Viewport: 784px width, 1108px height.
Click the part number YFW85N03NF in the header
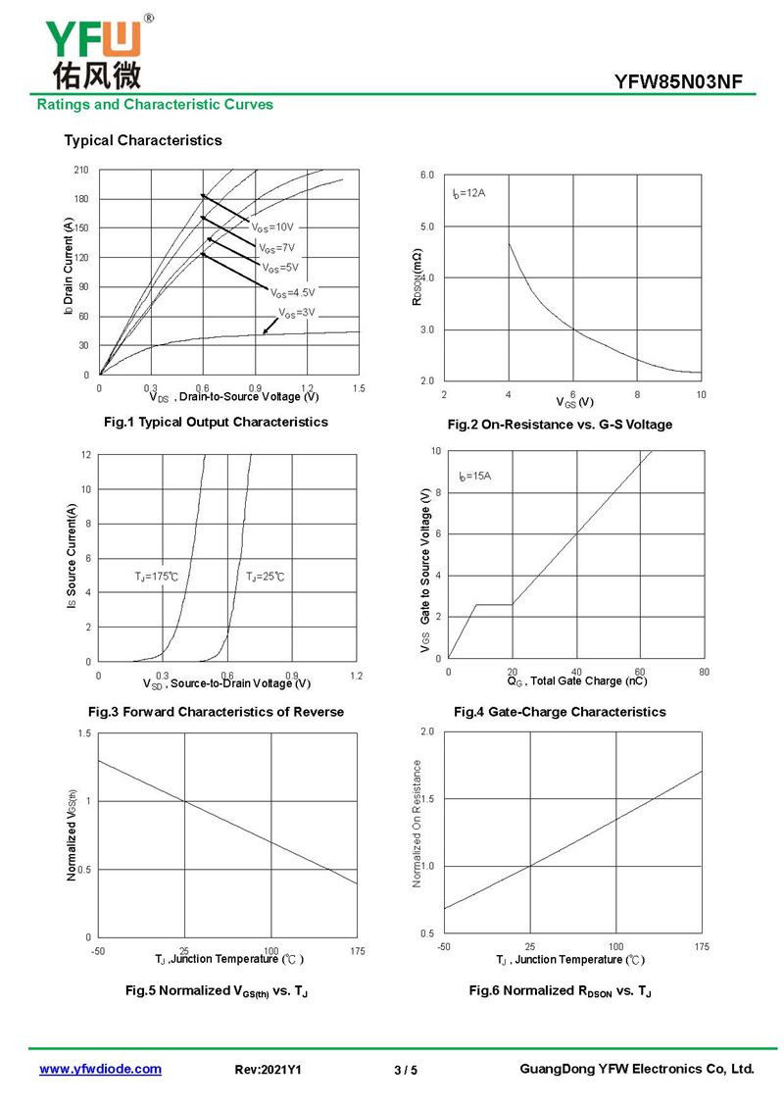pyautogui.click(x=678, y=82)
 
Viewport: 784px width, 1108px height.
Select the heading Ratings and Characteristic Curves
pyautogui.click(x=155, y=105)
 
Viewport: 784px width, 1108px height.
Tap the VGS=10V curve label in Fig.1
pyautogui.click(x=271, y=227)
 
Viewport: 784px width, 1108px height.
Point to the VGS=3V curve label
pyautogui.click(x=297, y=313)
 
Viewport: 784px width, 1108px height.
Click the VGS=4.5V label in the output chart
pyautogui.click(x=292, y=292)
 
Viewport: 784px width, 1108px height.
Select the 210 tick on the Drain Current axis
pyautogui.click(x=81, y=170)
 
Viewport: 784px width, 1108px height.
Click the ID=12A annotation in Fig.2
pyautogui.click(x=469, y=193)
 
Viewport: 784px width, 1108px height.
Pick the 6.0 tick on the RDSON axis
pyautogui.click(x=427, y=175)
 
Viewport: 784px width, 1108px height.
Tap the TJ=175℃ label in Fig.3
pyautogui.click(x=156, y=577)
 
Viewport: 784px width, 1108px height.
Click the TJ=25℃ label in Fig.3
pyautogui.click(x=265, y=577)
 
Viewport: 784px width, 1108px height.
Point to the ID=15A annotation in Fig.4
pyautogui.click(x=474, y=477)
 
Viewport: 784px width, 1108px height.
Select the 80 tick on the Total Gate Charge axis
pyautogui.click(x=705, y=672)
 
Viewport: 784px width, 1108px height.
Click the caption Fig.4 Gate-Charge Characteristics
pyautogui.click(x=560, y=712)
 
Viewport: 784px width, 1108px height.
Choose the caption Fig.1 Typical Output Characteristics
pyautogui.click(x=217, y=422)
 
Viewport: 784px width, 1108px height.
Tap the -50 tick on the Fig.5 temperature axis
pyautogui.click(x=98, y=951)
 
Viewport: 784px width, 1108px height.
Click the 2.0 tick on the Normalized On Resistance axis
pyautogui.click(x=427, y=731)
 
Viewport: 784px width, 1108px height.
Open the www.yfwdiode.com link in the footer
pyautogui.click(x=100, y=1069)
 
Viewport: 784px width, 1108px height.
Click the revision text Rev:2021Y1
pyautogui.click(x=268, y=1070)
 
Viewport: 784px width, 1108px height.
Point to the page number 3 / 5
pyautogui.click(x=406, y=1070)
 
